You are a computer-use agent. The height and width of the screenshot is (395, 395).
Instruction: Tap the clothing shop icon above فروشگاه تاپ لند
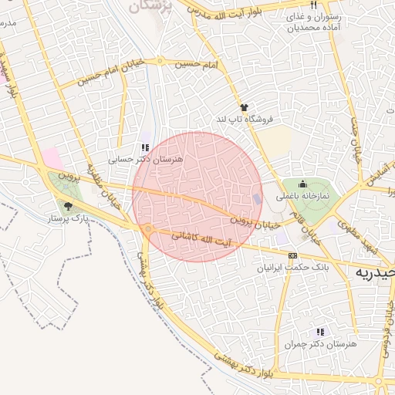pyautogui.click(x=244, y=108)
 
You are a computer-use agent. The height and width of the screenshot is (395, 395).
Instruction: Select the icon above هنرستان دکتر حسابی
pyautogui.click(x=145, y=147)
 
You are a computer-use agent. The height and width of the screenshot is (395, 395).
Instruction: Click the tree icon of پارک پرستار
pyautogui.click(x=68, y=207)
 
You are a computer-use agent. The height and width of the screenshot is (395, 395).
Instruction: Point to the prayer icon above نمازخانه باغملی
pyautogui.click(x=302, y=184)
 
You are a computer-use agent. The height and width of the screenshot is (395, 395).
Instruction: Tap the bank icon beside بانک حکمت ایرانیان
pyautogui.click(x=292, y=255)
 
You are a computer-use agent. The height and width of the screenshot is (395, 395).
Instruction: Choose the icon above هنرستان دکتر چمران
pyautogui.click(x=319, y=332)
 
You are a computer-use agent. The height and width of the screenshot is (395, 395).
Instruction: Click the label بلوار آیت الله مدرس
pyautogui.click(x=231, y=13)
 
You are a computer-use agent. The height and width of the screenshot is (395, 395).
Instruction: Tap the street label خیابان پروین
pyautogui.click(x=252, y=219)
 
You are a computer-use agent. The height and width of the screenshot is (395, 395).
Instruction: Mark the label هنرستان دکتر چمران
pyautogui.click(x=319, y=344)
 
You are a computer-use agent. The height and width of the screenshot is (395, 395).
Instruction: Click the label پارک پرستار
pyautogui.click(x=69, y=219)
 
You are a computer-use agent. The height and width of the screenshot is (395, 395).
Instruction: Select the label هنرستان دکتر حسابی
pyautogui.click(x=145, y=159)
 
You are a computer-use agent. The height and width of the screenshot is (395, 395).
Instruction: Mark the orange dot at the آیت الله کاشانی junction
pyautogui.click(x=147, y=229)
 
